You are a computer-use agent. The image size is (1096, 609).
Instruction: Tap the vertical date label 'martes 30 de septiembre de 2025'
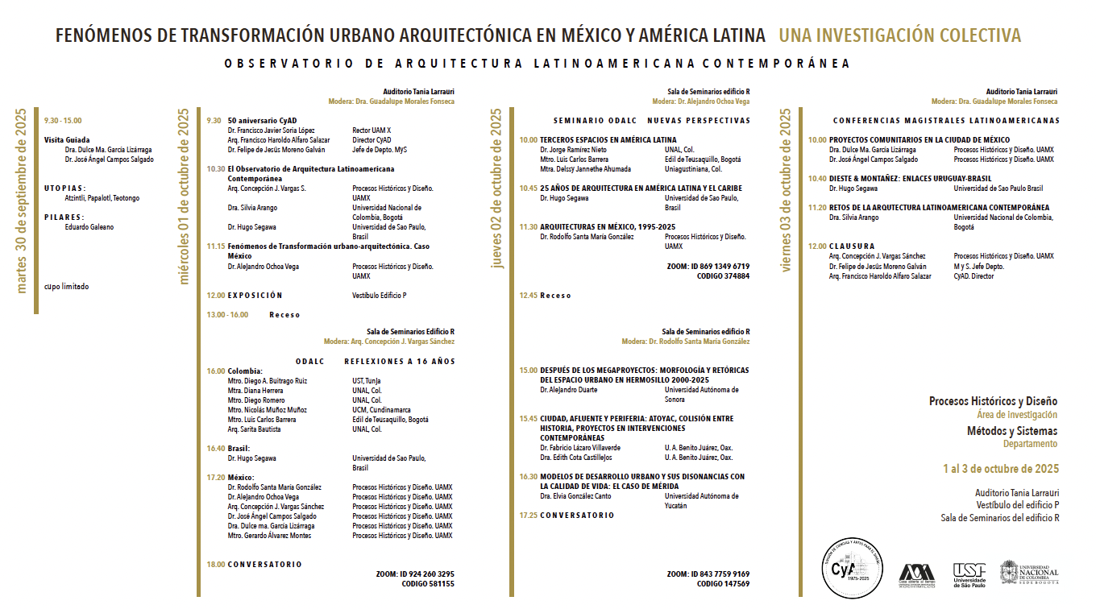[22, 201]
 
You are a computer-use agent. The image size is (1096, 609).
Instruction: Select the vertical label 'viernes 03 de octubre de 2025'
[786, 190]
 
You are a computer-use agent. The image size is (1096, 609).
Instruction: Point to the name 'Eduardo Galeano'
[89, 227]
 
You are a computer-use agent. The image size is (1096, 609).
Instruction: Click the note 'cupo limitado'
[66, 286]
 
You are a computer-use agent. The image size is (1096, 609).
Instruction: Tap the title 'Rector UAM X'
[372, 130]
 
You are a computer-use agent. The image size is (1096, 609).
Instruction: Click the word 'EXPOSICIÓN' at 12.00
[255, 296]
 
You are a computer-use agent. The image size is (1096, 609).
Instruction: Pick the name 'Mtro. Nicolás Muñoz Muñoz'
[268, 409]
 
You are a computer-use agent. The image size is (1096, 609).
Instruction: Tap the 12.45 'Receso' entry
[555, 296]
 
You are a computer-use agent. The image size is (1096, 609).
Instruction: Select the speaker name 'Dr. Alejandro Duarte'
[568, 390]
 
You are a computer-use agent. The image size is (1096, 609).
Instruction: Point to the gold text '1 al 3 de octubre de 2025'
[1001, 469]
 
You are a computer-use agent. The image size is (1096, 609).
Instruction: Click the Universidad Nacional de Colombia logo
[1029, 573]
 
